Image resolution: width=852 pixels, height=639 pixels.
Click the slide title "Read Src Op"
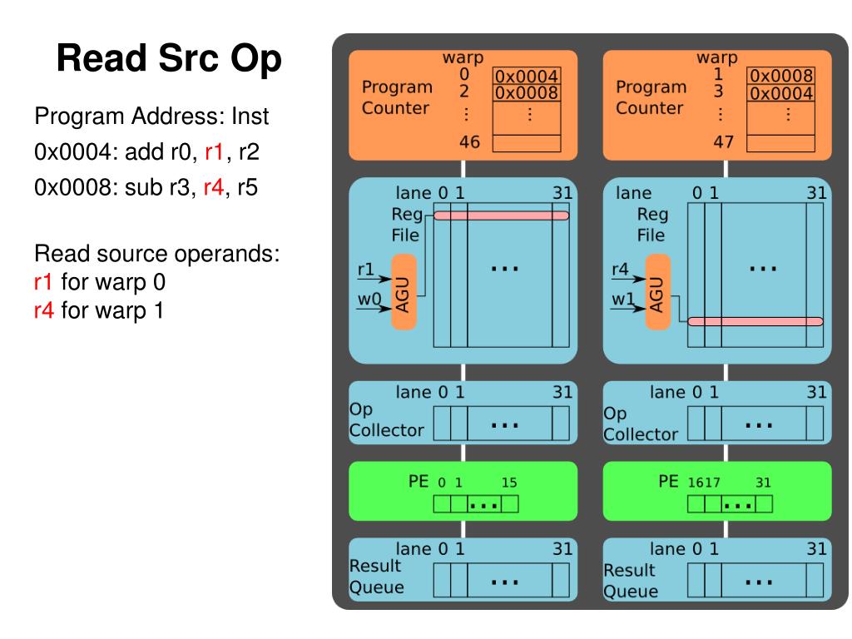(170, 60)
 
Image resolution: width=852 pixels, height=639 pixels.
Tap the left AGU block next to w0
(404, 291)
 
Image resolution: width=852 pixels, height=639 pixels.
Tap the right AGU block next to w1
(658, 292)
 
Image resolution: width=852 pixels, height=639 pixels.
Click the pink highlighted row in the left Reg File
(502, 215)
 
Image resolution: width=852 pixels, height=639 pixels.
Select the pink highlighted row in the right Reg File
(755, 321)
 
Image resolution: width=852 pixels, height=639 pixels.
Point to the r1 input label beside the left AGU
(365, 269)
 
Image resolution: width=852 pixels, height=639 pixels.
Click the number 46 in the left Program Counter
(469, 141)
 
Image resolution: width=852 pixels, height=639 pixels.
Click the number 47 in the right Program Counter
(723, 141)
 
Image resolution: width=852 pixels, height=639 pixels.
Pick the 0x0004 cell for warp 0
(527, 77)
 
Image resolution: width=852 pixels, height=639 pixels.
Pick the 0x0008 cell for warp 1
(780, 77)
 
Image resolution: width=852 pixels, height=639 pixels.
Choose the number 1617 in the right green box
(704, 482)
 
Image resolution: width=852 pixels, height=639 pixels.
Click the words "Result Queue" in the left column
(375, 577)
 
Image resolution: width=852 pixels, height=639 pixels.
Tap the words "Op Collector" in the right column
(641, 424)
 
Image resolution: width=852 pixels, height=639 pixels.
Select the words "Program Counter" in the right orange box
(651, 97)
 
